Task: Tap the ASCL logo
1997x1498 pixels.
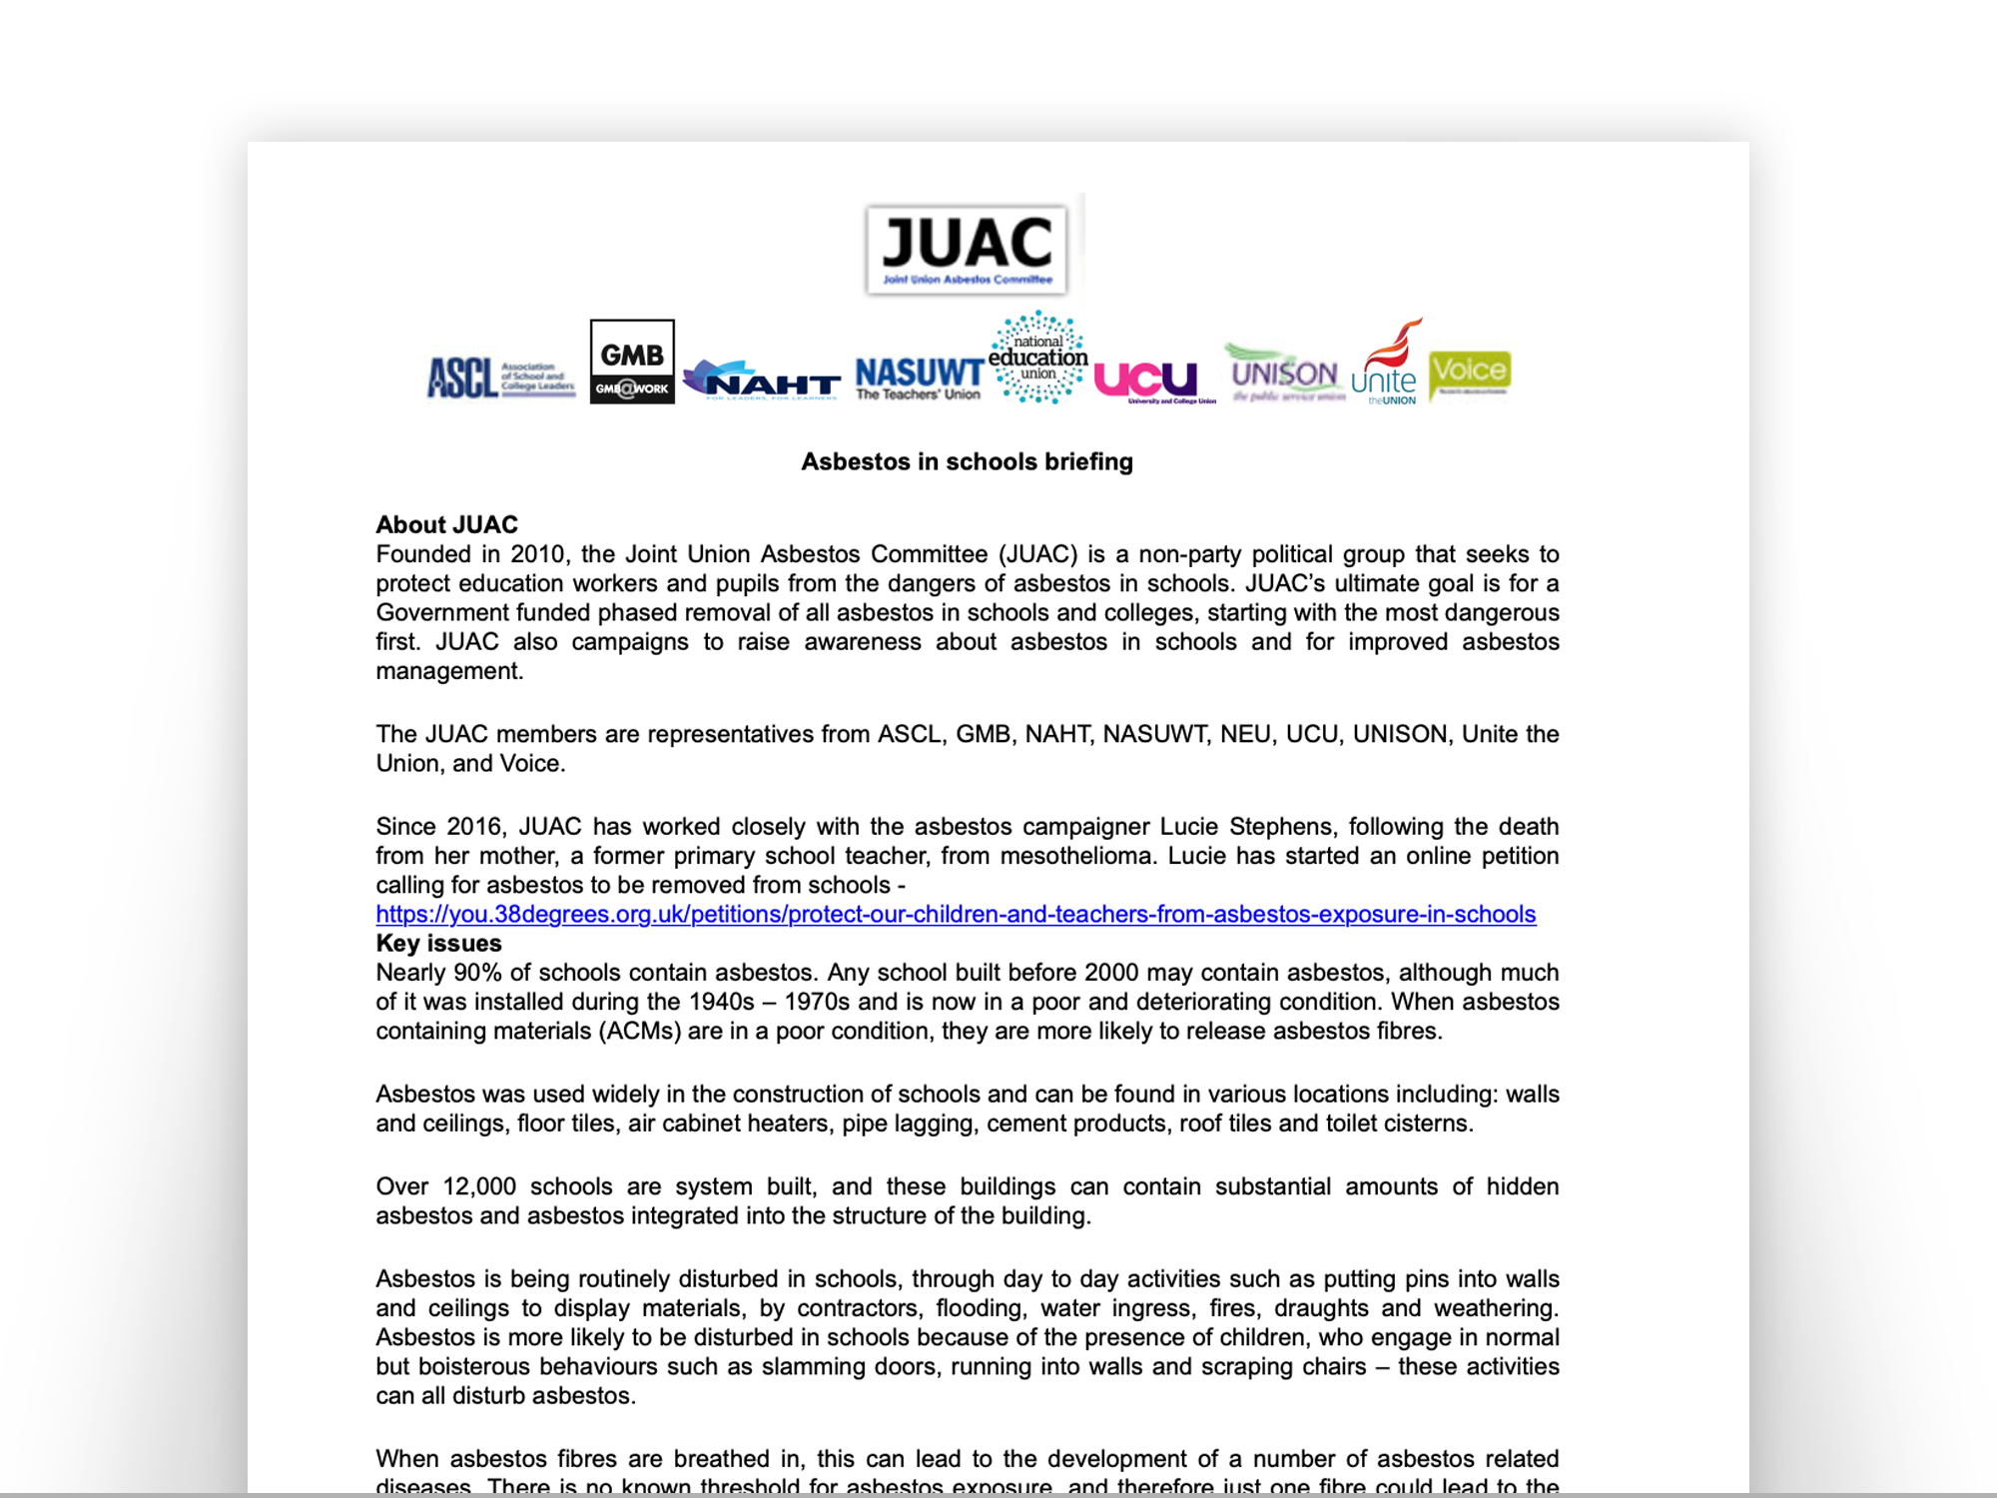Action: coord(501,377)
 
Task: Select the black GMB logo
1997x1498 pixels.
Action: coord(632,362)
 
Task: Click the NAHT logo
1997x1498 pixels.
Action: coord(762,379)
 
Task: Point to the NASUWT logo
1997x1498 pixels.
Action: coord(919,378)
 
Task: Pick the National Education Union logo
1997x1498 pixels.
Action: coord(1038,358)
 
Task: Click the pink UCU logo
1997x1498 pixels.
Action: coord(1147,380)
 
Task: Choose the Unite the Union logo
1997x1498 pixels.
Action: coord(1386,364)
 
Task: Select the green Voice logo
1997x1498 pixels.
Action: coord(1469,374)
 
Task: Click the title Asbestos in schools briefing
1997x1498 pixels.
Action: coord(967,461)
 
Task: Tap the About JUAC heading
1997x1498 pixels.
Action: coord(446,524)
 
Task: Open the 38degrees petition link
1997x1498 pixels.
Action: coord(956,914)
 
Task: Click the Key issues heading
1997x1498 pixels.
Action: coord(438,943)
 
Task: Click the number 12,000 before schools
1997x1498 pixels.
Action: coord(478,1186)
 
